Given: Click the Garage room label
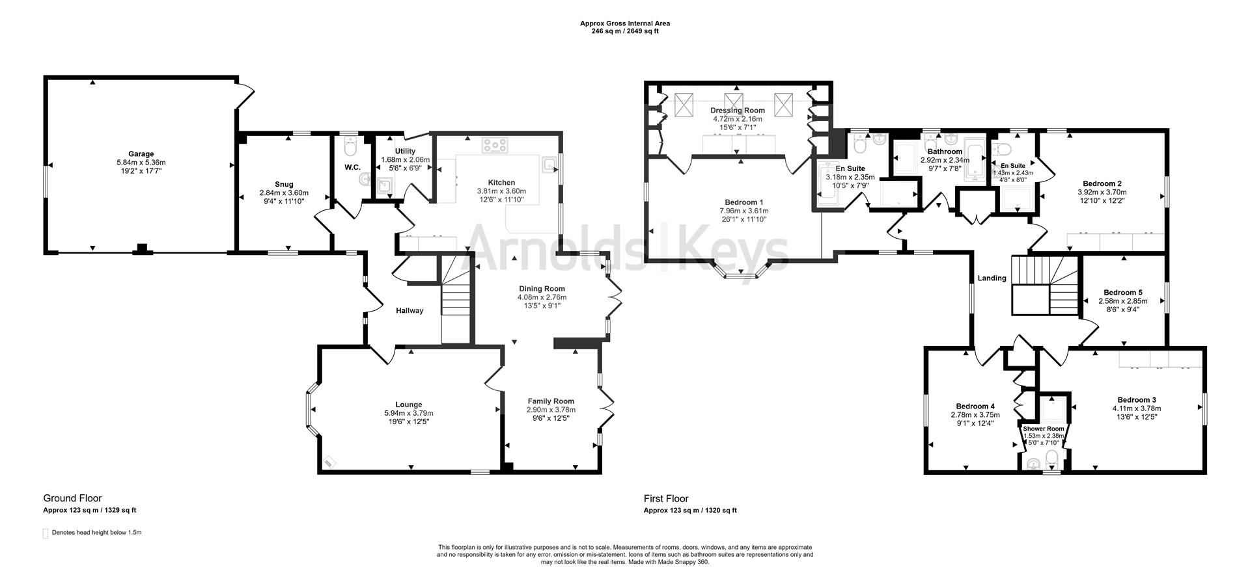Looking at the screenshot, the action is pos(141,154).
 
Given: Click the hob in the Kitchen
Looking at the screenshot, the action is pos(494,145).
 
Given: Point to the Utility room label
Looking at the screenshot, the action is pos(396,151).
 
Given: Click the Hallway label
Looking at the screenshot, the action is pos(410,311).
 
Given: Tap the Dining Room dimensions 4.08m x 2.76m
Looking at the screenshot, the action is pos(542,297).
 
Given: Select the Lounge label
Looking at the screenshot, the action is pos(409,405).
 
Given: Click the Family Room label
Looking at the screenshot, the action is pos(551,401).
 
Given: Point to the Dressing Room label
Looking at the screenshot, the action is pos(738,111).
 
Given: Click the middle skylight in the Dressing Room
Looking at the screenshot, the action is pos(734,103).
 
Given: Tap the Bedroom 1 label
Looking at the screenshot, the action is pos(741,202).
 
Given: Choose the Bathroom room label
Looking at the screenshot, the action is pos(945,152).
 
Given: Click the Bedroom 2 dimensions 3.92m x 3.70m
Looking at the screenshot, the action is pos(1102,193).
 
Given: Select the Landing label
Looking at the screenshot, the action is pos(992,278).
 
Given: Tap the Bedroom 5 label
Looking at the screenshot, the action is pos(1122,293).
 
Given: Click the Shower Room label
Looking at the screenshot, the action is pos(1043,429).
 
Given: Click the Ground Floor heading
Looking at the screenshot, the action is pos(72,499).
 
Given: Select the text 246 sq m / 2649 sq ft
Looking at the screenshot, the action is pos(624,31).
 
